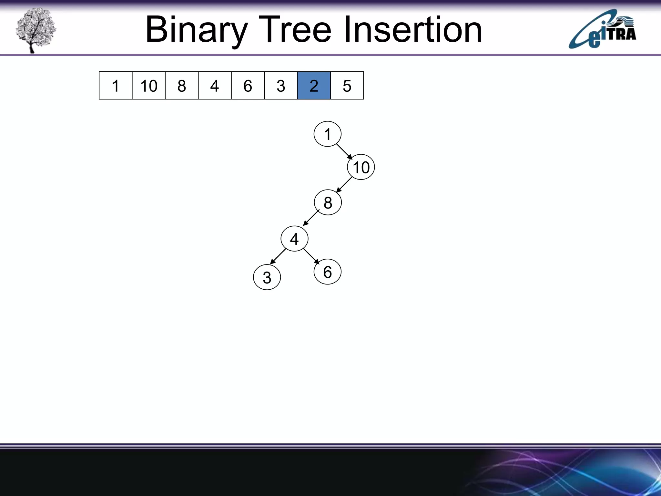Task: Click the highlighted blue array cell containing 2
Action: click(x=314, y=86)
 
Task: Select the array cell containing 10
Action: click(x=148, y=86)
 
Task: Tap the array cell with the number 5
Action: click(x=347, y=86)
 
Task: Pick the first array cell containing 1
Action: click(x=116, y=86)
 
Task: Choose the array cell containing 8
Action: click(x=182, y=86)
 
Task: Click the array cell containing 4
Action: click(x=215, y=86)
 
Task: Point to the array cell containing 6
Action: click(x=248, y=86)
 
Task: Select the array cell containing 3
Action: click(x=281, y=86)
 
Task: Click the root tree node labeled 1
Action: click(x=327, y=134)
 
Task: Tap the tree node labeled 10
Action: click(x=361, y=167)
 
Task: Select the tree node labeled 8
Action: click(x=328, y=202)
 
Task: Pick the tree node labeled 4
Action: click(x=294, y=239)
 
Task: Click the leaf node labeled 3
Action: click(x=267, y=277)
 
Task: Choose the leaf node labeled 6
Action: click(x=327, y=272)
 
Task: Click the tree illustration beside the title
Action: click(x=36, y=30)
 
